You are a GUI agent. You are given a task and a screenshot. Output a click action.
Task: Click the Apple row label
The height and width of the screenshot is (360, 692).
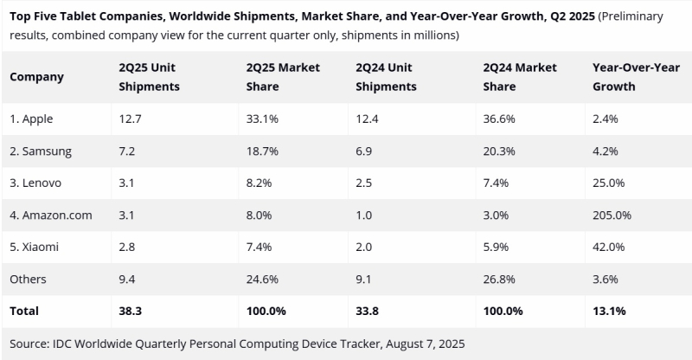point(34,119)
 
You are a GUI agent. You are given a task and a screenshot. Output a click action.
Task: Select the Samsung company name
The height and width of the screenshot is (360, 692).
point(41,151)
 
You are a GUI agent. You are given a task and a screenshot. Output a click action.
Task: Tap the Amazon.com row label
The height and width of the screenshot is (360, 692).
point(49,215)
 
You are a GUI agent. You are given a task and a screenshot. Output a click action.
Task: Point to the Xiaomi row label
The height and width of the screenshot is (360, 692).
point(35,247)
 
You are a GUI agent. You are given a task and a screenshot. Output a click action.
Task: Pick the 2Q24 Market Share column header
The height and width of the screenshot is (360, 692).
point(520,76)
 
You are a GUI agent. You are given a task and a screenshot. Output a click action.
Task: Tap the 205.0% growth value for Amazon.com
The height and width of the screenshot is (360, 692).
point(611,215)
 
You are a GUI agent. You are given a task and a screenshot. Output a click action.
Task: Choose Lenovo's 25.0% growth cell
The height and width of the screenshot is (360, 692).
point(607,183)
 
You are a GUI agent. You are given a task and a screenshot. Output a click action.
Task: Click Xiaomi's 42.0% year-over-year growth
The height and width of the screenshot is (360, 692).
point(607,247)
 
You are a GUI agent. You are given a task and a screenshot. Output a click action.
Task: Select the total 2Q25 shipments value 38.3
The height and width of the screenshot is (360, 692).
point(129,310)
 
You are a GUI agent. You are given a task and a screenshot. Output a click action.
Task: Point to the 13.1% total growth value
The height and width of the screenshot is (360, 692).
point(607,310)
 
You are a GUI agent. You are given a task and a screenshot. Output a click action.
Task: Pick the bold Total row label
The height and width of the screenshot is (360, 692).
point(24,310)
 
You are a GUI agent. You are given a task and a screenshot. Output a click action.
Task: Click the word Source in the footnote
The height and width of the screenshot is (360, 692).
point(29,343)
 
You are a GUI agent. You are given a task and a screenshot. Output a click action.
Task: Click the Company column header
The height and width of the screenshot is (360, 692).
point(36,76)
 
